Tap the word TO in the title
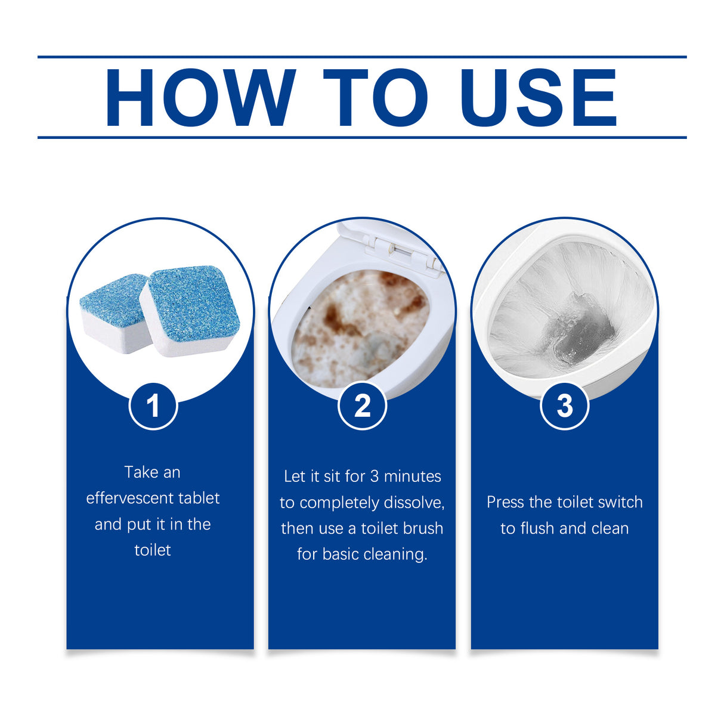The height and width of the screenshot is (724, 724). pyautogui.click(x=375, y=98)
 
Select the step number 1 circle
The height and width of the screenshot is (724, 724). pyautogui.click(x=153, y=406)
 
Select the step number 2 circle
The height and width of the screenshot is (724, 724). pyautogui.click(x=362, y=406)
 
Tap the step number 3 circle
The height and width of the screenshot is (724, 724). pyautogui.click(x=564, y=406)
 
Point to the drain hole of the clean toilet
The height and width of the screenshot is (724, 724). pyautogui.click(x=581, y=331)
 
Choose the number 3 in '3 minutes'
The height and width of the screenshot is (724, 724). pyautogui.click(x=374, y=477)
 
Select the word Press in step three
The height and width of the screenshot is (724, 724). pyautogui.click(x=504, y=502)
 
